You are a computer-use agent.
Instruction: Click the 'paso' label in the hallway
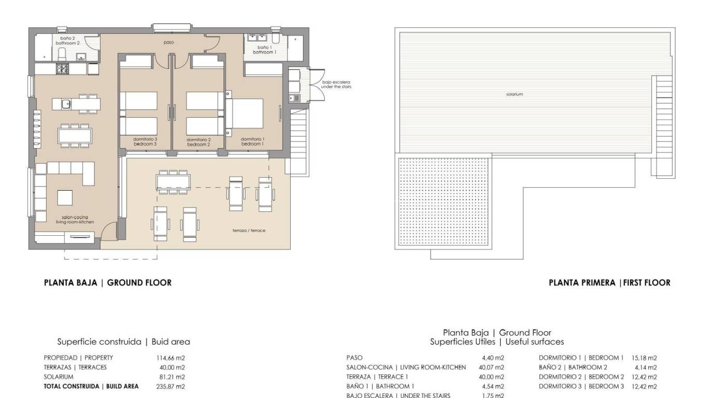point(169,42)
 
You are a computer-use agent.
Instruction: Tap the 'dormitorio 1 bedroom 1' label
point(253,141)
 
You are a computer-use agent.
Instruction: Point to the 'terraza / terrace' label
point(249,230)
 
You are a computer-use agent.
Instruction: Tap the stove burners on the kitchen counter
point(62,68)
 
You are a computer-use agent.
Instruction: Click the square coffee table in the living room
point(65,198)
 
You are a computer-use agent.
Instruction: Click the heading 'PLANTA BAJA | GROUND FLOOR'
point(107,283)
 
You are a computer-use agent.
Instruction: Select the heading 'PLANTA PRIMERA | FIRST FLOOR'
point(609,283)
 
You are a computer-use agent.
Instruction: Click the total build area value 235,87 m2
point(170,386)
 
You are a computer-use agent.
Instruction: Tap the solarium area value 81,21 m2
point(172,377)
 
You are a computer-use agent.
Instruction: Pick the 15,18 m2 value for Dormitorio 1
point(644,358)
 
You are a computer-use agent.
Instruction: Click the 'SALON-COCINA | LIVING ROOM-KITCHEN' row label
point(406,367)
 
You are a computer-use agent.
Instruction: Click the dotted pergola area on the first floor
point(443,202)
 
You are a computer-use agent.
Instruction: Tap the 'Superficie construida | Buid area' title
point(124,342)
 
